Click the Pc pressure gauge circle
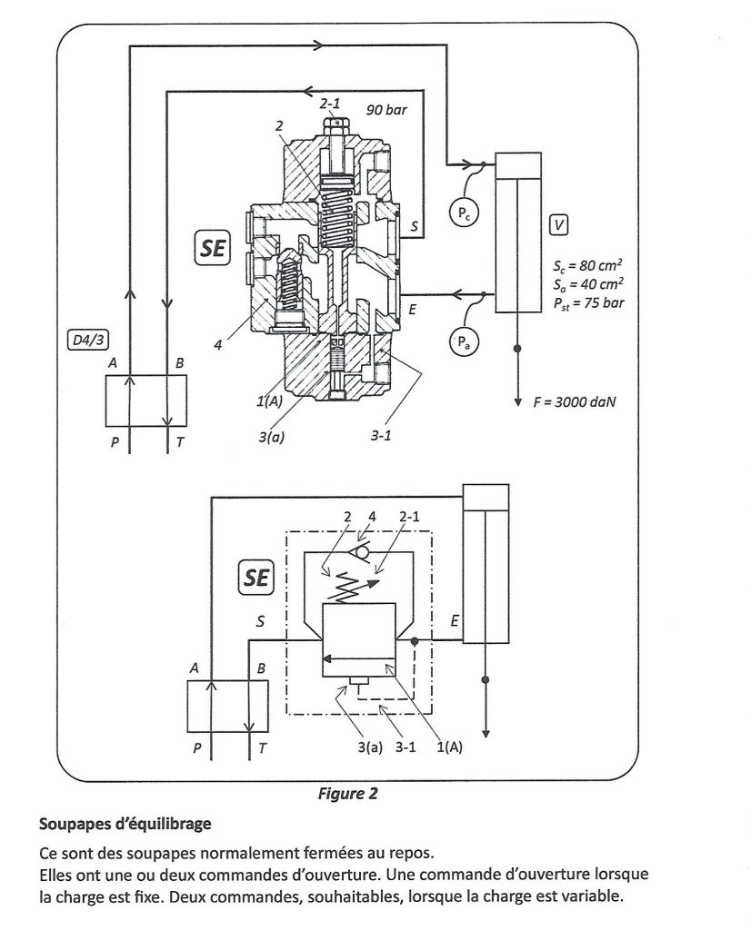[x=463, y=213]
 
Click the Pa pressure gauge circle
[x=464, y=342]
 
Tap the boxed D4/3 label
[x=88, y=341]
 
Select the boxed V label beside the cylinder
[x=558, y=225]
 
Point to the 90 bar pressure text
[x=386, y=110]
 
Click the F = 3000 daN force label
[x=574, y=402]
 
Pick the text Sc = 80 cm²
[x=587, y=264]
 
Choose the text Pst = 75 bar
[x=588, y=303]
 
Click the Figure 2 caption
[x=348, y=794]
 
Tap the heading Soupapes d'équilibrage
[x=125, y=824]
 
